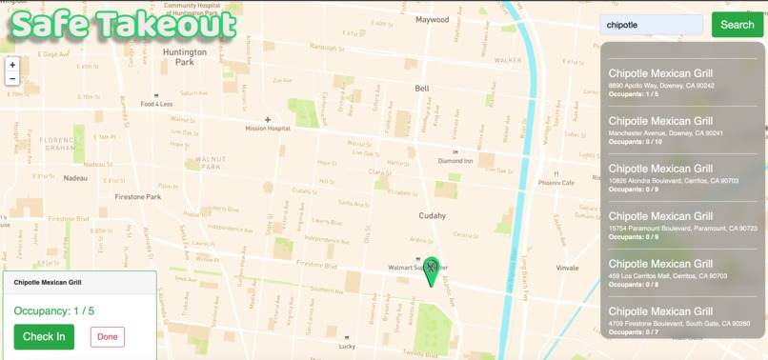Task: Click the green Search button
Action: pos(737,25)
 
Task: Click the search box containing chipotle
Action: pos(652,26)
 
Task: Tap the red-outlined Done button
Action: pos(108,336)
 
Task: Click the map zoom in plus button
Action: pos(11,65)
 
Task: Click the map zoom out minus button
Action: pos(11,79)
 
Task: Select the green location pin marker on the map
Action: pos(432,270)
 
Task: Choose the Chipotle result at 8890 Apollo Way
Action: pos(682,79)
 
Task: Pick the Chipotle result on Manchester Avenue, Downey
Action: pos(682,127)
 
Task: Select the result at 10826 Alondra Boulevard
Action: pos(682,174)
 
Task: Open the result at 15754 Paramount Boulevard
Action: pos(682,222)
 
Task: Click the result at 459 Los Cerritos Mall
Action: pos(682,270)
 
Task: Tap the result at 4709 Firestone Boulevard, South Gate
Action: pos(682,317)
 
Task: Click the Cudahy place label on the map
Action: pos(432,215)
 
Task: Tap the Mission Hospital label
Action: pos(267,129)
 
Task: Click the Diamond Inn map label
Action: pos(455,161)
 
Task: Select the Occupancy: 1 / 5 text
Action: pos(54,310)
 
